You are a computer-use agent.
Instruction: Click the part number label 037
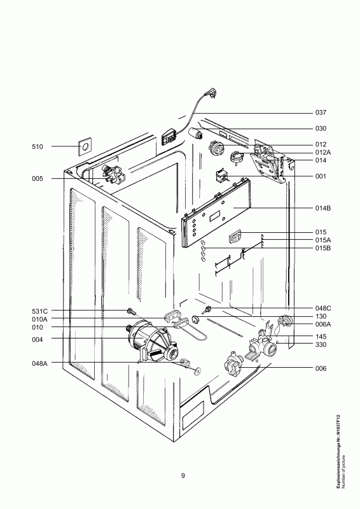click(x=321, y=113)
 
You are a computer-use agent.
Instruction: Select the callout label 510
click(x=38, y=147)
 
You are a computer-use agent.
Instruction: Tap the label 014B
click(x=323, y=208)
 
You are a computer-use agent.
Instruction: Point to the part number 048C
click(x=323, y=308)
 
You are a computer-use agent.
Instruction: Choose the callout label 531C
click(x=40, y=311)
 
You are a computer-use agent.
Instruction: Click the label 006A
click(x=323, y=324)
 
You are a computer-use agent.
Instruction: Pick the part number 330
click(x=321, y=344)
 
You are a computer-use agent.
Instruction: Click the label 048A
click(x=39, y=363)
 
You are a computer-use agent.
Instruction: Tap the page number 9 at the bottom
click(x=183, y=475)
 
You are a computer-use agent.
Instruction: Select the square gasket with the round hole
click(x=85, y=147)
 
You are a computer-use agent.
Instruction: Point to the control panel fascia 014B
click(x=216, y=213)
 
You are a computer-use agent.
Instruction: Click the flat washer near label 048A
click(x=197, y=371)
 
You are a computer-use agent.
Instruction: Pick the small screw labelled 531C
click(x=131, y=312)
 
